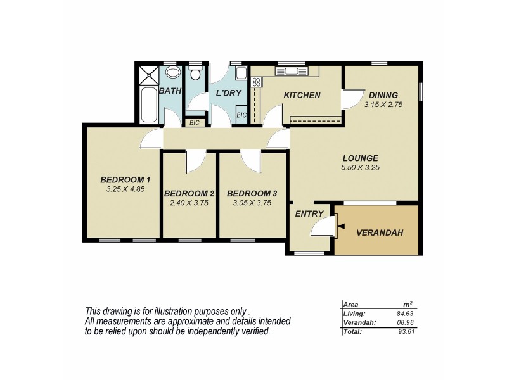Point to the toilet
[196, 73]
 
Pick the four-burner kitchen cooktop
[257, 81]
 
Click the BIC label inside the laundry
[241, 115]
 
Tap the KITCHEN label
[302, 96]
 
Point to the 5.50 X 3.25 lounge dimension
[361, 168]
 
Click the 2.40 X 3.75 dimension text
[189, 203]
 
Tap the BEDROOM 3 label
[252, 193]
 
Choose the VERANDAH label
[380, 232]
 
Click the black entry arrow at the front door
[341, 226]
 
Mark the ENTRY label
[309, 213]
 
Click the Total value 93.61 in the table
[405, 331]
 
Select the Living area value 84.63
[405, 313]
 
